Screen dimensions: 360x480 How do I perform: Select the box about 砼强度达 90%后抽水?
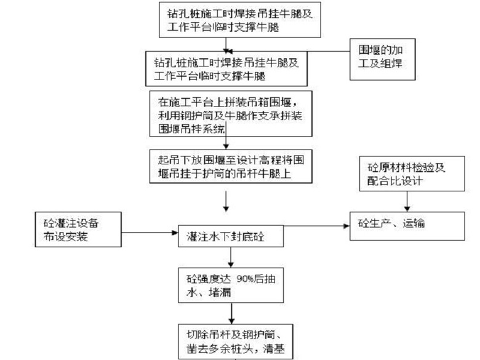tap(231, 282)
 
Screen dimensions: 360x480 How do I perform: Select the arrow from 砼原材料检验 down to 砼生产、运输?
tap(405, 201)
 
